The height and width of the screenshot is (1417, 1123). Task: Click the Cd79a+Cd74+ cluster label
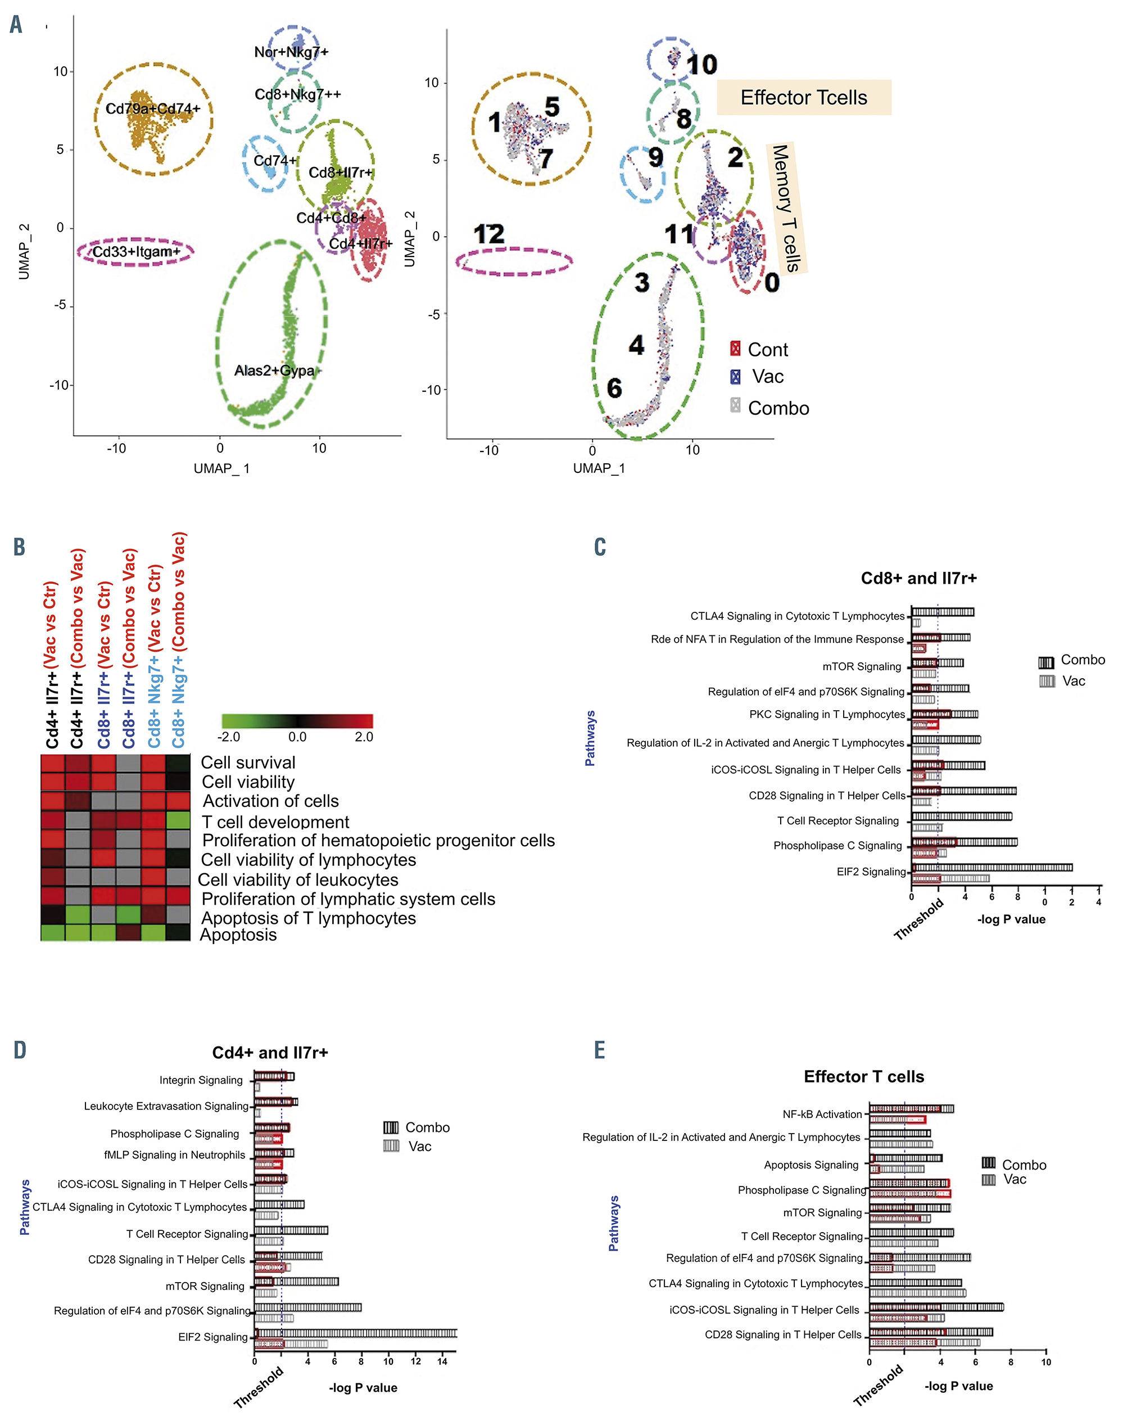coord(152,109)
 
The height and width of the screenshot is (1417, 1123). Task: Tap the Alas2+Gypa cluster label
coord(274,371)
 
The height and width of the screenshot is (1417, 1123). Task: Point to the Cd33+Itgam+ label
coord(136,252)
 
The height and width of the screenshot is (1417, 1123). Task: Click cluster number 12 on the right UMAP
coord(488,234)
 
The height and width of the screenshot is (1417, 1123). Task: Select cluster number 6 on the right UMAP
coord(614,388)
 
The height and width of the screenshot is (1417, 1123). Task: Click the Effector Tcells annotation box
coord(803,98)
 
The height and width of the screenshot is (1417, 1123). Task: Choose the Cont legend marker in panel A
coord(735,348)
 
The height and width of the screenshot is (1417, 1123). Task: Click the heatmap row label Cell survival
coord(248,762)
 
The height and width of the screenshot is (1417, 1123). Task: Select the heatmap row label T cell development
coord(275,822)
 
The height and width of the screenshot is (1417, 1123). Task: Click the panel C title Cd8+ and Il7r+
coord(918,579)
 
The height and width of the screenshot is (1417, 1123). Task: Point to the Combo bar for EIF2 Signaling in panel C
coord(992,868)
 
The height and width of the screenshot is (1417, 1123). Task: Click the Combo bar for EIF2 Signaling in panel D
coord(355,1333)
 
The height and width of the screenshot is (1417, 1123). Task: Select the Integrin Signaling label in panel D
coord(201,1080)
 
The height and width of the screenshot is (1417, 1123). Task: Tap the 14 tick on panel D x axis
coord(442,1361)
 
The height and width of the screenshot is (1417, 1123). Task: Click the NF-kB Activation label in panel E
coord(822,1114)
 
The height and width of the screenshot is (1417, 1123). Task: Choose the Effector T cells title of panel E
coord(863,1077)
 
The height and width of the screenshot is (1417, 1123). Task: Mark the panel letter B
coord(19,547)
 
